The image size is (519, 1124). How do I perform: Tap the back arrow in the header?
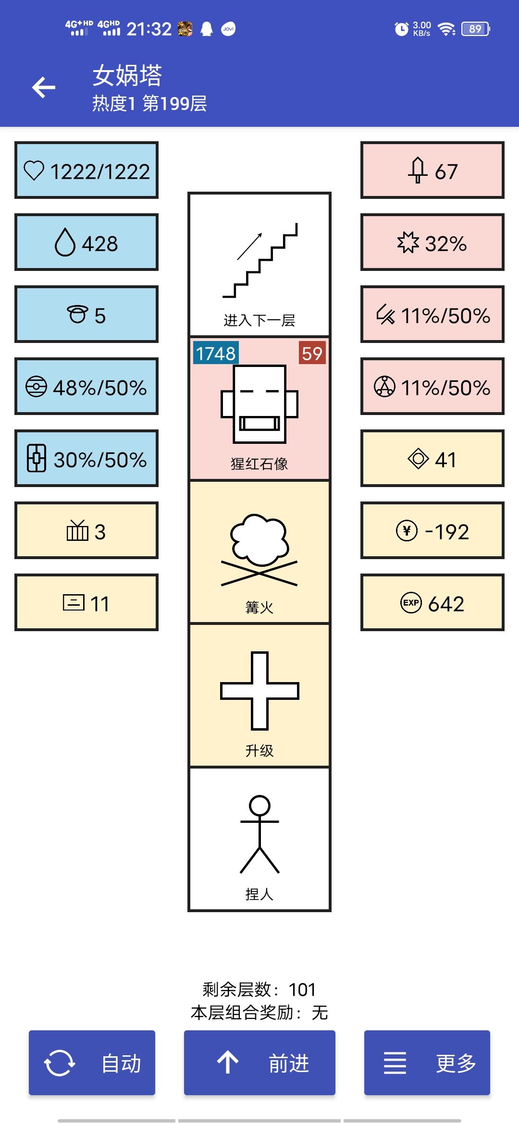pyautogui.click(x=44, y=87)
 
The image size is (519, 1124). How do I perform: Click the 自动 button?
pyautogui.click(x=92, y=1063)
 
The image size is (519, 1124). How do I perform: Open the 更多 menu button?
pyautogui.click(x=427, y=1063)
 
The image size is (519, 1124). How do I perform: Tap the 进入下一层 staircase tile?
pyautogui.click(x=259, y=264)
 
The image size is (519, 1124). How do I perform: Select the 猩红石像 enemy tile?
pyautogui.click(x=259, y=408)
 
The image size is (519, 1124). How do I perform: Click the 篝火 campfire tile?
pyautogui.click(x=259, y=552)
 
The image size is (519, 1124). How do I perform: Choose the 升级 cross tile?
pyautogui.click(x=259, y=695)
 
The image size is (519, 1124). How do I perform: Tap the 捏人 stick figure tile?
pyautogui.click(x=259, y=839)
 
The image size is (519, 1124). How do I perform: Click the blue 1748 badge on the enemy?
pyautogui.click(x=216, y=353)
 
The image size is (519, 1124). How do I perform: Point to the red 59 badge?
pyautogui.click(x=312, y=353)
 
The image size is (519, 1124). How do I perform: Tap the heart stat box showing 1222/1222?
pyautogui.click(x=86, y=170)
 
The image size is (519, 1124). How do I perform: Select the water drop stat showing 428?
pyautogui.click(x=86, y=242)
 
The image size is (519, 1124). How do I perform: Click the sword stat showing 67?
pyautogui.click(x=432, y=170)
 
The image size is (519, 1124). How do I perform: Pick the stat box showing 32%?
pyautogui.click(x=432, y=242)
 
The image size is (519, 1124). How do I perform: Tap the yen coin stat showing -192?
pyautogui.click(x=432, y=530)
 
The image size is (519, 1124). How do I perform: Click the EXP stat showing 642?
pyautogui.click(x=432, y=602)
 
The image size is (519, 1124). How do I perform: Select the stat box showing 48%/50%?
pyautogui.click(x=86, y=386)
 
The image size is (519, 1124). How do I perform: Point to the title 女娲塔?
pyautogui.click(x=127, y=75)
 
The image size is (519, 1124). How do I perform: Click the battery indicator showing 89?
pyautogui.click(x=475, y=29)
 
